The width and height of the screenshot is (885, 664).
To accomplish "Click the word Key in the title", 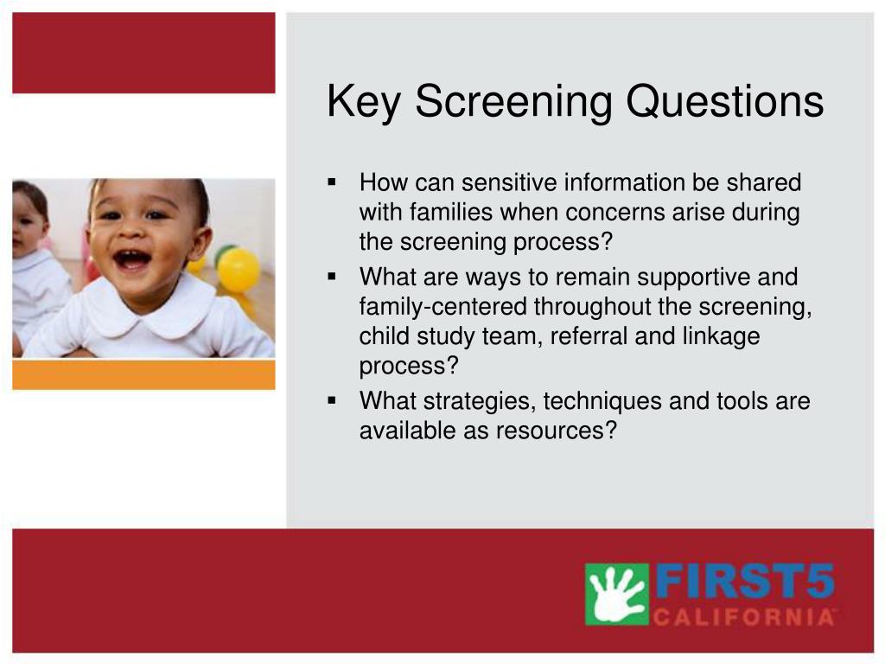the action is click(364, 102).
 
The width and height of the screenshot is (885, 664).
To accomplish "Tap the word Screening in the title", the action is click(513, 102).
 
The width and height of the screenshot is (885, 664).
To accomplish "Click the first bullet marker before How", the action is click(331, 182).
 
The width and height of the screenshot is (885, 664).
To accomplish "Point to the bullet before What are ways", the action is click(331, 277).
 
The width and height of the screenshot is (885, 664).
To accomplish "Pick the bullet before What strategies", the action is click(331, 400).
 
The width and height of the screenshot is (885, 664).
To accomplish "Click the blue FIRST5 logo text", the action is click(745, 582).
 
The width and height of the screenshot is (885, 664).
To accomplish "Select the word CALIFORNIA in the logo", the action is click(744, 616).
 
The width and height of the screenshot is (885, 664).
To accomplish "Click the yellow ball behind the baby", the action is click(239, 270).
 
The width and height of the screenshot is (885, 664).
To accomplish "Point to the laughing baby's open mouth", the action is click(132, 259).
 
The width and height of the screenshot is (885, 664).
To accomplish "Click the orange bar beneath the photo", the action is click(144, 375).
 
